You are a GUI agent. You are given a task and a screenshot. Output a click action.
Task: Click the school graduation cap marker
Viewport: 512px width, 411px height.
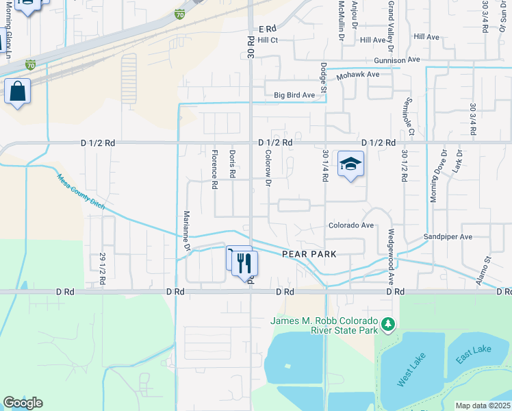click(350, 164)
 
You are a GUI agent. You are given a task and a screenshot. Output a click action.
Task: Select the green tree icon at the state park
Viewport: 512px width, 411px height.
click(389, 323)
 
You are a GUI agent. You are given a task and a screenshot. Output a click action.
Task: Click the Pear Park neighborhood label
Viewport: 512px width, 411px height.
click(309, 254)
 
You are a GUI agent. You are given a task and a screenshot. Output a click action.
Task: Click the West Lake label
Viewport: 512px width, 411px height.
click(411, 372)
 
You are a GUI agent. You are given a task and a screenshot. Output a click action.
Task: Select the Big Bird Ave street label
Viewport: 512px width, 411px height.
click(298, 95)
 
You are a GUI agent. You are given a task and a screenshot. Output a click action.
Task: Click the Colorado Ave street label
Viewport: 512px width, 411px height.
click(350, 225)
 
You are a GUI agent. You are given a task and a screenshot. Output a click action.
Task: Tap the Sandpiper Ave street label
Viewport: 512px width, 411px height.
click(448, 237)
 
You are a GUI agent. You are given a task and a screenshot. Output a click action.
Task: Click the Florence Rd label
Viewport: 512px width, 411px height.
click(214, 169)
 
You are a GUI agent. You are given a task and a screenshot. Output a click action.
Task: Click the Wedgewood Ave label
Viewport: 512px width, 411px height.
click(392, 247)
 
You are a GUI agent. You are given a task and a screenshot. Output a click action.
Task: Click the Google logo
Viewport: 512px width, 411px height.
click(23, 403)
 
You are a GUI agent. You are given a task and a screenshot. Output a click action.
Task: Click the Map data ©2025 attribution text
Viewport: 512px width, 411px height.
click(482, 406)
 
